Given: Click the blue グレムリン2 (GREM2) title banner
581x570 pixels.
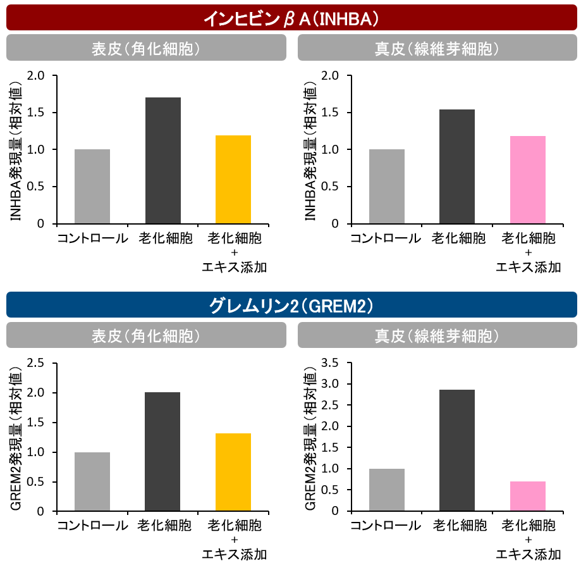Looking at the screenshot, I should pos(291,306).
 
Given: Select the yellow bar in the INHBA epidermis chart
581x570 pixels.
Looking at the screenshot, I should pos(233,180).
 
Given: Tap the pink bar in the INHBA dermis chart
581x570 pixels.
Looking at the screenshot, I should pos(527,180).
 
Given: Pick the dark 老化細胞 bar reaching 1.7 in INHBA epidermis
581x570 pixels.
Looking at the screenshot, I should pos(162,161).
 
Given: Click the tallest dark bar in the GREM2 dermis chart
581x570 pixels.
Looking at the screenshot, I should pos(456,450).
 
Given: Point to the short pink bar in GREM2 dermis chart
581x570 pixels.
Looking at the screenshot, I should pos(527,496).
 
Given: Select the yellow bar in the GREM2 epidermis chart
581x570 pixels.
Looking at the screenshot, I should pos(233,472).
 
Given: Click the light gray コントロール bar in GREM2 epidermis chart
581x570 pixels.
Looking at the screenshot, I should pos(92,481).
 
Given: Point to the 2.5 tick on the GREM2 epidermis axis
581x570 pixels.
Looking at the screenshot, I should pos(36,362).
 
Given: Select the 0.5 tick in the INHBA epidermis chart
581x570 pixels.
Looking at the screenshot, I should pos(36,187).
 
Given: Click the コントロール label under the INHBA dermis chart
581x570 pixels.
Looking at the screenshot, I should pos(386,239).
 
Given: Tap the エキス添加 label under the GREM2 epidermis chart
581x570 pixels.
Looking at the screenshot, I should pos(234,554).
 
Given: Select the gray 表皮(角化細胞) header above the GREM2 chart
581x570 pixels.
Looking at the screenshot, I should pos(145,335).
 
